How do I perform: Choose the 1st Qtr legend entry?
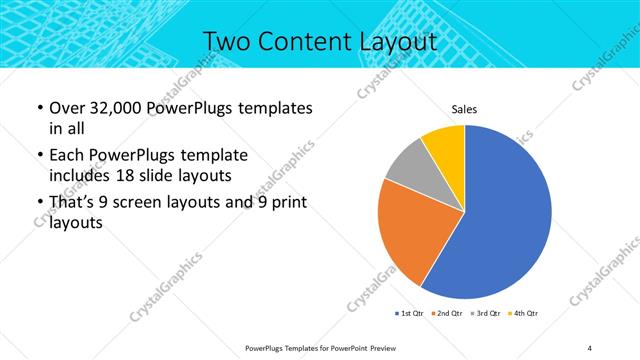pos(410,314)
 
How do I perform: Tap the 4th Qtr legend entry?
pos(525,314)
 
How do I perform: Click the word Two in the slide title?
pos(228,42)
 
